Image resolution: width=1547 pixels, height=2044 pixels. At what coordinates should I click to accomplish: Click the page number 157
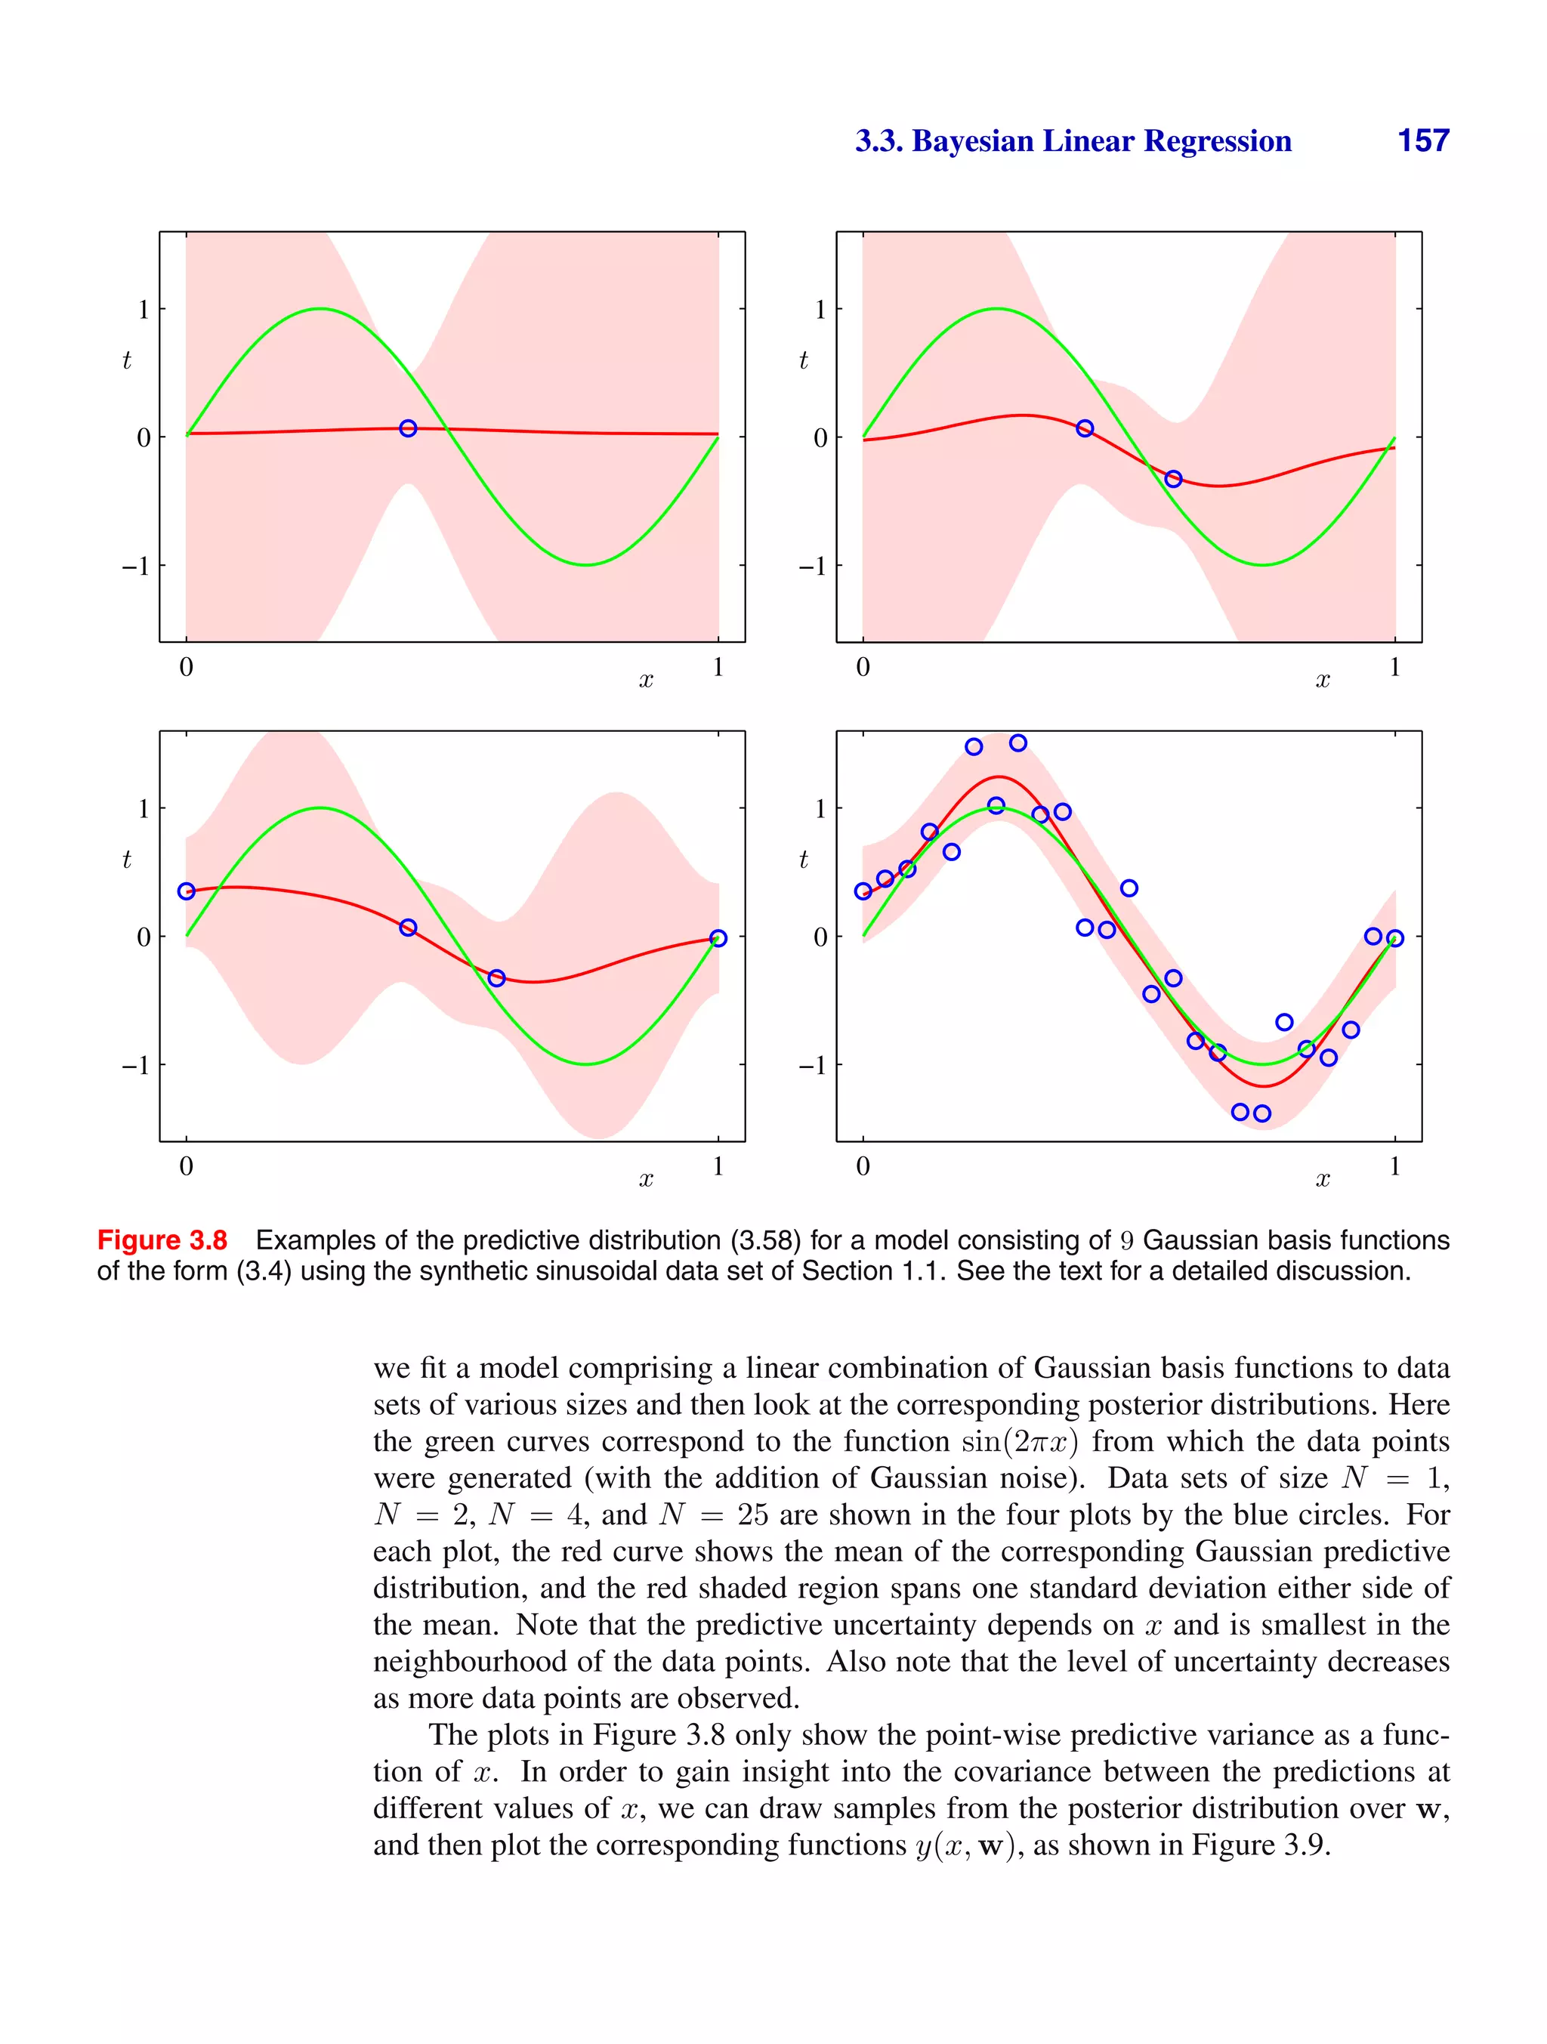[x=1422, y=140]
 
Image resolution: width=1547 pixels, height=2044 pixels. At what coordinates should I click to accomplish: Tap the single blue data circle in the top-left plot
[x=408, y=428]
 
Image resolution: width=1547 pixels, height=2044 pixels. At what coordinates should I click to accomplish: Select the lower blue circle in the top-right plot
[x=1173, y=479]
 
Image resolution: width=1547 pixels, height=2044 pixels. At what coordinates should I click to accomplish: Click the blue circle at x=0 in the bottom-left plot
[x=187, y=891]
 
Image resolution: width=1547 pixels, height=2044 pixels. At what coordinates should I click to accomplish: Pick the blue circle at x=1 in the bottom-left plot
[x=718, y=938]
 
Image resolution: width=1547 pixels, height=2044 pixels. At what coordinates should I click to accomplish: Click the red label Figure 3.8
[x=162, y=1240]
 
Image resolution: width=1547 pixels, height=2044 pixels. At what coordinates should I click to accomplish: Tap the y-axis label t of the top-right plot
[x=803, y=360]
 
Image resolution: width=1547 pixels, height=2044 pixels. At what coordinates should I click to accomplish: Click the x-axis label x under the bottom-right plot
[x=1323, y=1180]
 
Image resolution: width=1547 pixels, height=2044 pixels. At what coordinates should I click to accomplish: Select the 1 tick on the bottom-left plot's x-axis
[x=718, y=1166]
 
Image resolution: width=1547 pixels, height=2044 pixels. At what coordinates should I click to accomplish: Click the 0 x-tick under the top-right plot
[x=863, y=667]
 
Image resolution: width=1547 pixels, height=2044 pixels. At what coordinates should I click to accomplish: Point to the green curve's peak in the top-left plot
[x=320, y=309]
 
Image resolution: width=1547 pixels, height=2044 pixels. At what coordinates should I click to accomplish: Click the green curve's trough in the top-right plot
[x=1262, y=564]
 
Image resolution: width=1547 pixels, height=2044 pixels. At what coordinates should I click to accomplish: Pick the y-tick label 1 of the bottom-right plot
[x=820, y=808]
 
